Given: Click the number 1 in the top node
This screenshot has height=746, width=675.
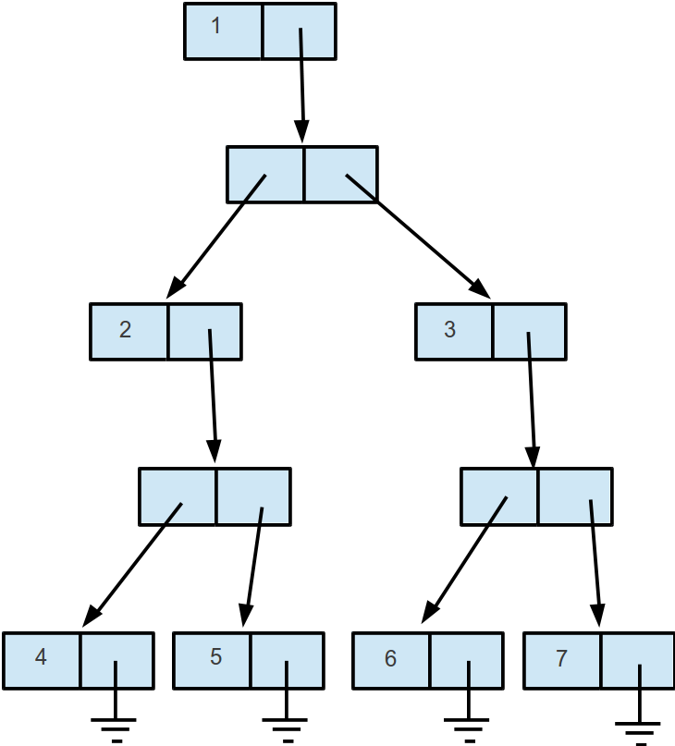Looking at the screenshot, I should [x=216, y=25].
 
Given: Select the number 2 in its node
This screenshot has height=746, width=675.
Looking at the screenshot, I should [x=126, y=329].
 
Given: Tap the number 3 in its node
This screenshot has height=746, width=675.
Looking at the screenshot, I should [x=450, y=329].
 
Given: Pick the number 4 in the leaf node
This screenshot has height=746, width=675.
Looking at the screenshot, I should [x=41, y=657].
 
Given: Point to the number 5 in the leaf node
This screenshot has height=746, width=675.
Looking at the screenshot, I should [x=215, y=657].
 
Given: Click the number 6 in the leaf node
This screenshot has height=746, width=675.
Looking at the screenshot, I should [x=390, y=658].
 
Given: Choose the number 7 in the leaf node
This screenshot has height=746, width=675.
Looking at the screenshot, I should [x=561, y=658].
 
